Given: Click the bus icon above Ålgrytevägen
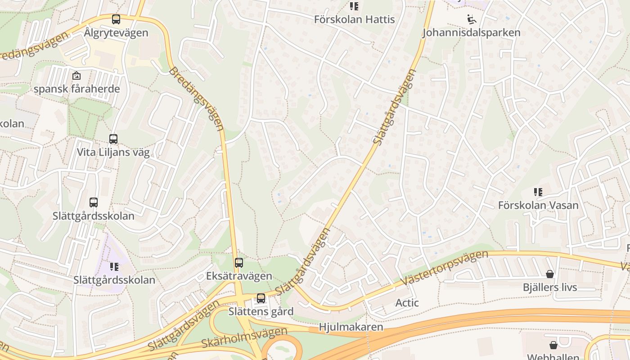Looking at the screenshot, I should pos(116,19).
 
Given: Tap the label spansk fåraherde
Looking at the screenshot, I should pos(77,89).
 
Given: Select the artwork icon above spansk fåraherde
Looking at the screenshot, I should pos(76,76).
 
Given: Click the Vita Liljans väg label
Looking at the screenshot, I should pos(113,152).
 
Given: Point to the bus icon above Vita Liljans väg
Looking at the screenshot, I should pos(113,139).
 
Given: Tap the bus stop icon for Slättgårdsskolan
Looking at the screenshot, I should pos(94,202).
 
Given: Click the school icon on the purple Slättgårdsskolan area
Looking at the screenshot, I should pos(114,267).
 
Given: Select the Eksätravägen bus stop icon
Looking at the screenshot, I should pos(239,263).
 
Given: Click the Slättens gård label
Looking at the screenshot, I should pos(261,311).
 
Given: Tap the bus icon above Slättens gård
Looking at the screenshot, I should pos(261,298).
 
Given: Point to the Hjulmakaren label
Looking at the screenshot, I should pos(351,327).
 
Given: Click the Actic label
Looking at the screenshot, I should pos(407,303).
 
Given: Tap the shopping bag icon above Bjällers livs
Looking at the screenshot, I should pos(549,274).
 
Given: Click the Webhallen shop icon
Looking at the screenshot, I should pos(553,345).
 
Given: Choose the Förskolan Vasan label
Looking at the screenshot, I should pos(538,205).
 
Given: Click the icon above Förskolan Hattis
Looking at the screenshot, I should pos(354,6).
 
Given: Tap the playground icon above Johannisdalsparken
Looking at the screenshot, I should pos(471,19).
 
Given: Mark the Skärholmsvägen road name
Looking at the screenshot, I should pos(244,338).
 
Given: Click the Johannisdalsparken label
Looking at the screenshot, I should pos(471,32).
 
